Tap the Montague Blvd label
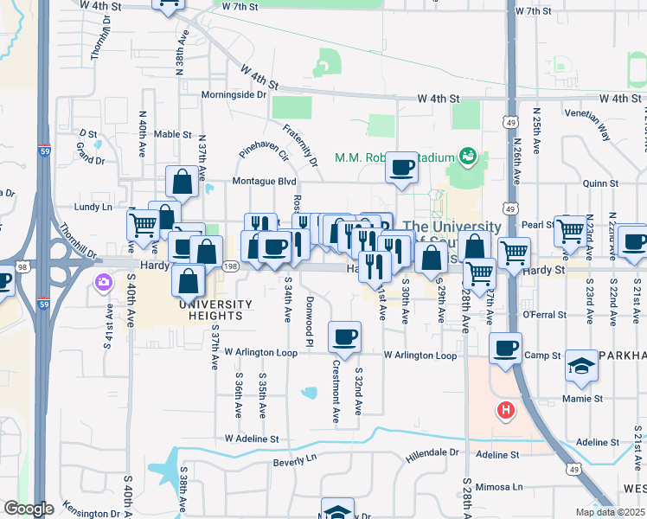pyautogui.click(x=264, y=182)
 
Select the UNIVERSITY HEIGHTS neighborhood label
pyautogui.click(x=215, y=311)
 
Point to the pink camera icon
pyautogui.click(x=104, y=282)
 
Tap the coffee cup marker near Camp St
pyautogui.click(x=505, y=349)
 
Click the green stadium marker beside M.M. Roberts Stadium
pyautogui.click(x=468, y=156)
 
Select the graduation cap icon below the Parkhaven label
pyautogui.click(x=580, y=368)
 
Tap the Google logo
pyautogui.click(x=29, y=509)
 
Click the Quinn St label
pyautogui.click(x=600, y=183)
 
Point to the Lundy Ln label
pyautogui.click(x=93, y=208)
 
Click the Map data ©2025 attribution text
pyautogui.click(x=610, y=512)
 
